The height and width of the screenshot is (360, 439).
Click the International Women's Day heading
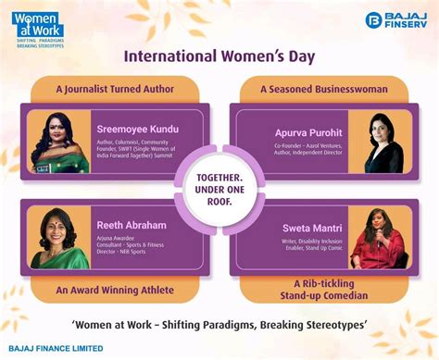[219, 57]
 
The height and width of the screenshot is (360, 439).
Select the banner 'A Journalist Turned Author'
[114, 90]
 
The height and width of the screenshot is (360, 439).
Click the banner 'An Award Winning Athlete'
[114, 290]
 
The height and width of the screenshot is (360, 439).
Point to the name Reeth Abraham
[130, 224]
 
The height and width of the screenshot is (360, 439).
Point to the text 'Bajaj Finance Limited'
[56, 349]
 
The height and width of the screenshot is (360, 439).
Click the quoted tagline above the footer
[219, 323]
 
